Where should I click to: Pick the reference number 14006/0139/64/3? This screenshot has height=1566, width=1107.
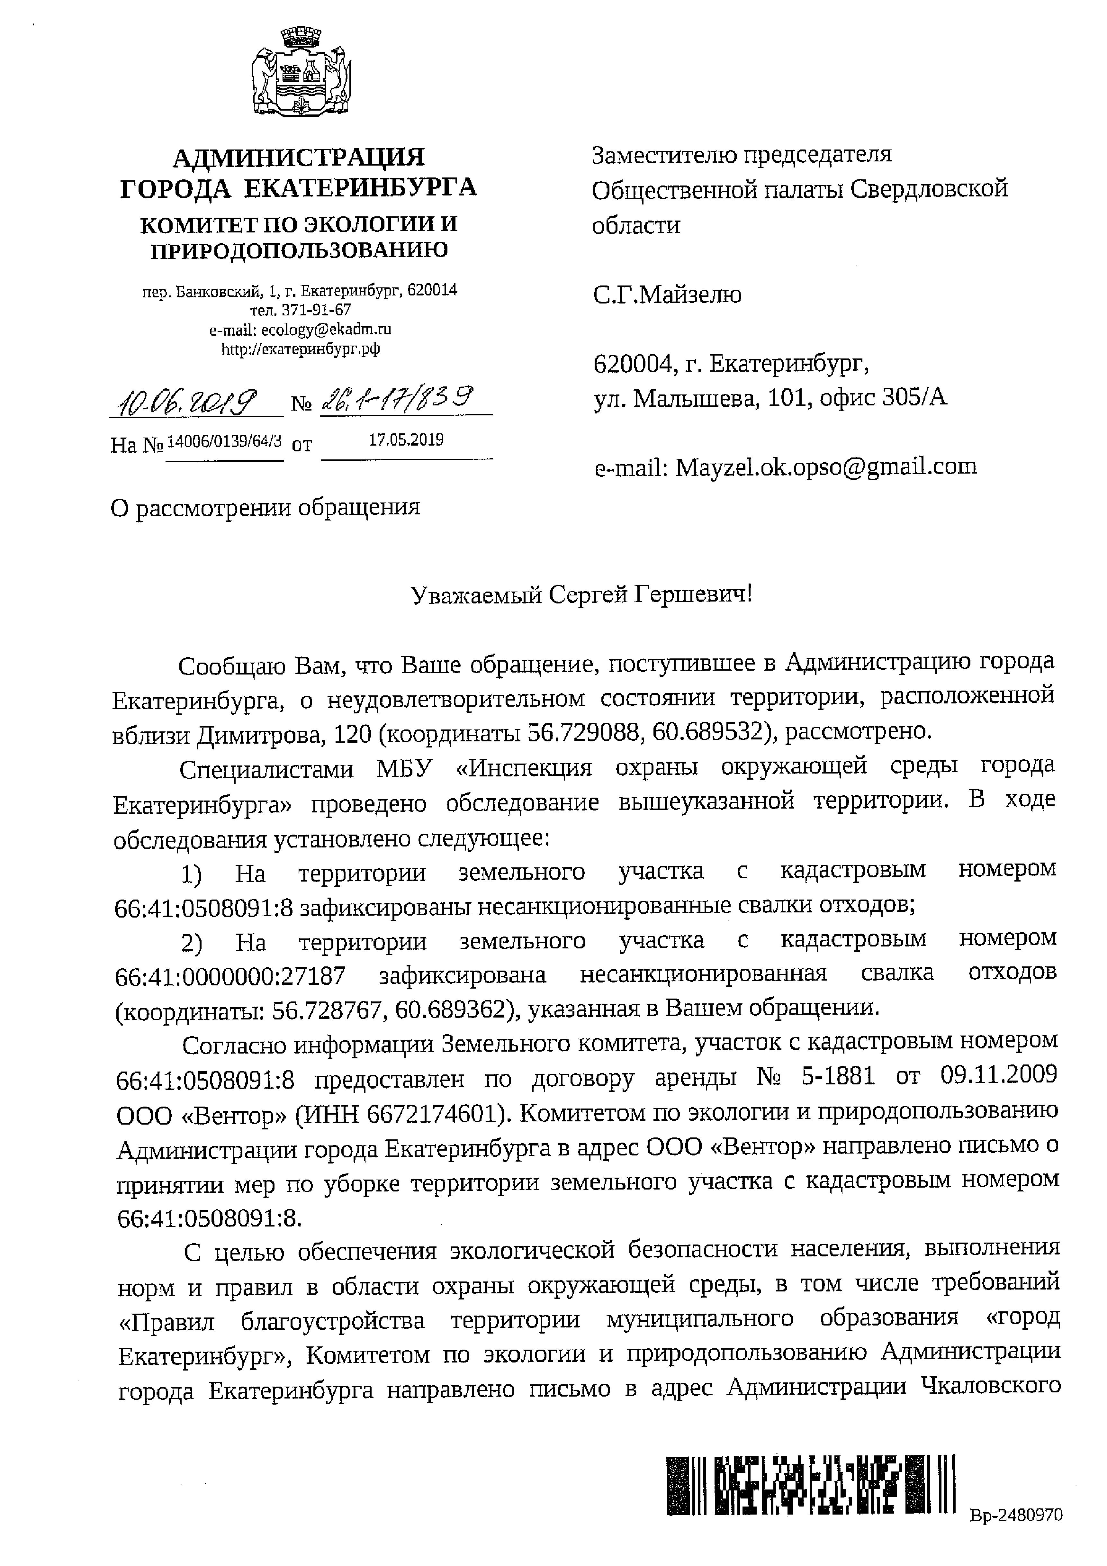point(224,440)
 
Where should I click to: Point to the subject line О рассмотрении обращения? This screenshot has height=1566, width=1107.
point(265,507)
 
